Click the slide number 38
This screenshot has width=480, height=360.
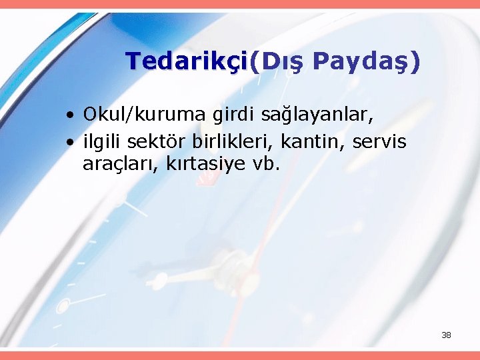click(446, 335)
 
